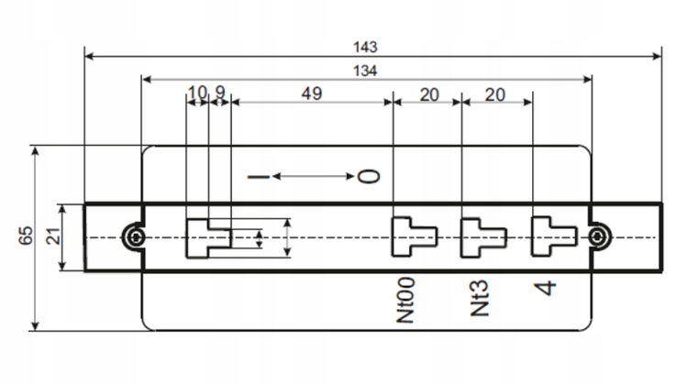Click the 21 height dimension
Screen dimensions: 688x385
[x=52, y=236]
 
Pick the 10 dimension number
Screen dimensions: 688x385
[x=197, y=93]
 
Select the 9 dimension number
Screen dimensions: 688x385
[x=220, y=93]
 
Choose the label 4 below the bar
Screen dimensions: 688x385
[x=547, y=287]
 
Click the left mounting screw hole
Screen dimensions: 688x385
[x=135, y=236]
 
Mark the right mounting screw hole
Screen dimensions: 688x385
[x=598, y=236]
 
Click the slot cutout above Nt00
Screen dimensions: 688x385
[x=410, y=236]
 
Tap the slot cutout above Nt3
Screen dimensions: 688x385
[x=481, y=236]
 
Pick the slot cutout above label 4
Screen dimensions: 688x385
[x=552, y=236]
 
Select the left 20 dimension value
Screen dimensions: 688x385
[x=427, y=93]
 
